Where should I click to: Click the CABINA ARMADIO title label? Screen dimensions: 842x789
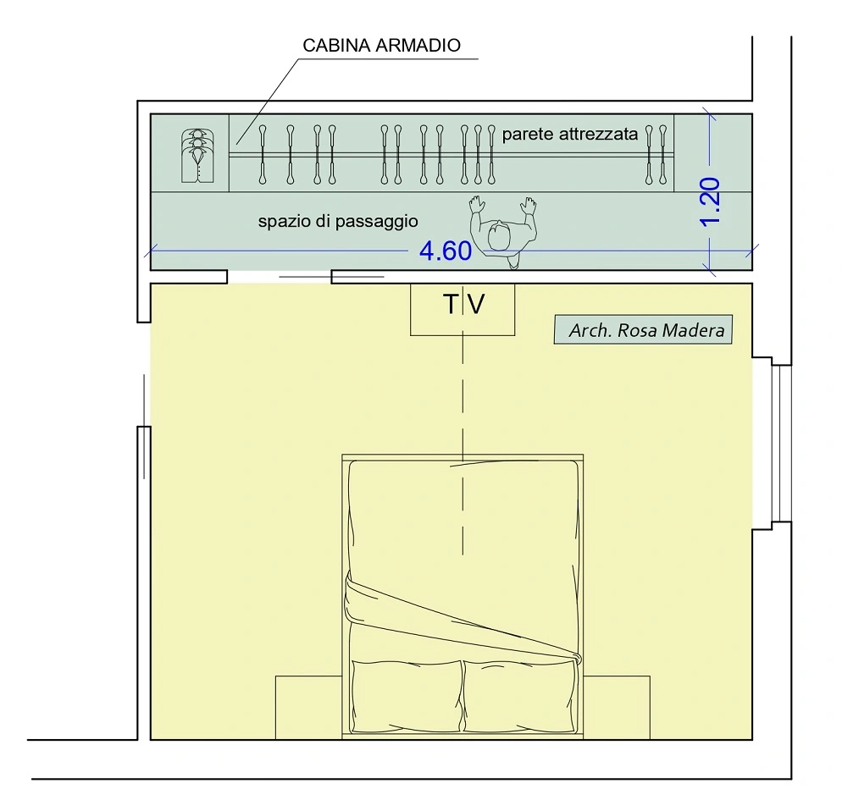point(381,45)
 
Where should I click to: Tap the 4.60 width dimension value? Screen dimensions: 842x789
point(446,251)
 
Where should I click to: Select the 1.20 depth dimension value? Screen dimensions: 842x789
point(711,201)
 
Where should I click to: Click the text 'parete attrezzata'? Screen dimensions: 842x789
point(570,134)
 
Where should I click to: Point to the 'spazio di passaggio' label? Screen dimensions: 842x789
point(338,221)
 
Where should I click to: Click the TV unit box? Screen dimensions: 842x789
point(463,309)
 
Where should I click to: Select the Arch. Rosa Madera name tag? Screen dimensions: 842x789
point(643,329)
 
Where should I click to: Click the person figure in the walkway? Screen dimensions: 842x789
point(502,232)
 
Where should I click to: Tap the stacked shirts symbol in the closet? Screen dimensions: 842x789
point(197,156)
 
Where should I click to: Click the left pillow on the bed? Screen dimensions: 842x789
point(407,696)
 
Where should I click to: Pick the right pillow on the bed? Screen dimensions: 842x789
point(519,696)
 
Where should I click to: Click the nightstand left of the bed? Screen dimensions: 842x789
point(309,708)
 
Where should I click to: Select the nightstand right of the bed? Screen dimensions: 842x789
point(617,708)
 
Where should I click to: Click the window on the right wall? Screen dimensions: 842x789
point(781,444)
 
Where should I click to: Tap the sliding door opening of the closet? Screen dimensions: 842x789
point(280,277)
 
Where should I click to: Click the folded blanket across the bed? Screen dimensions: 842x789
point(462,617)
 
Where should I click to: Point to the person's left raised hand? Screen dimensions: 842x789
point(476,205)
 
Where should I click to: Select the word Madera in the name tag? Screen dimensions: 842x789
point(693,329)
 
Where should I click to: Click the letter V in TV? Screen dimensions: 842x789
point(476,304)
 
